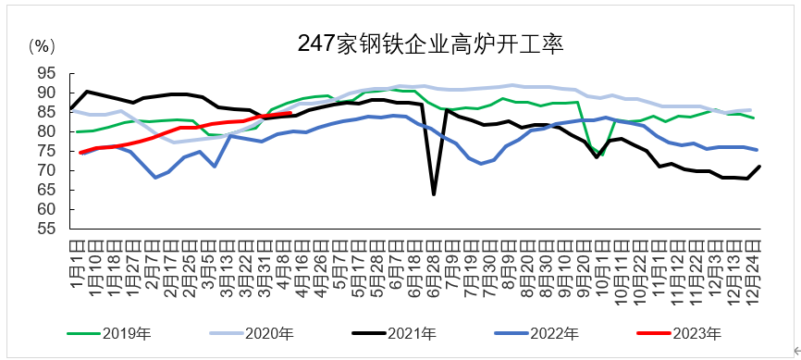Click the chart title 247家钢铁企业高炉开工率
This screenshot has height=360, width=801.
(x=431, y=43)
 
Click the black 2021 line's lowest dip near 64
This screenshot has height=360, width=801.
(x=434, y=193)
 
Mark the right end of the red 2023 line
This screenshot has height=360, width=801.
(x=290, y=113)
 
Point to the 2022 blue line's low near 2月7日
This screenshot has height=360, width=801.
(x=155, y=177)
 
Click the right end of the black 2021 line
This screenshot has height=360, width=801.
(x=759, y=167)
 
